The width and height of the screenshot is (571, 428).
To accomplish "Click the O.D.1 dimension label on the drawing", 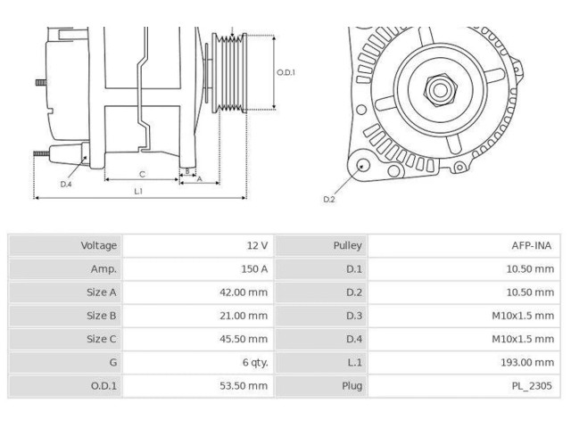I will pyautogui.click(x=285, y=73).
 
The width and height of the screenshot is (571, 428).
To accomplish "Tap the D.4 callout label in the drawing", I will pyautogui.click(x=66, y=184).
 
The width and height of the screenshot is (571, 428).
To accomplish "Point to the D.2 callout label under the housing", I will pyautogui.click(x=329, y=199).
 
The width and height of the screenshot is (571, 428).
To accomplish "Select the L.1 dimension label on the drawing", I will pyautogui.click(x=139, y=190).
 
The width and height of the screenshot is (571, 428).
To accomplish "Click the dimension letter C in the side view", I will pyautogui.click(x=142, y=173).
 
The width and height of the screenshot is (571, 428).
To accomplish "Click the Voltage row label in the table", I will pyautogui.click(x=99, y=245).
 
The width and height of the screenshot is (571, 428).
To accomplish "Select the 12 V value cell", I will pyautogui.click(x=257, y=245).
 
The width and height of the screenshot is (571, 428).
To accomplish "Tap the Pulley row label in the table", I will pyautogui.click(x=347, y=245).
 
